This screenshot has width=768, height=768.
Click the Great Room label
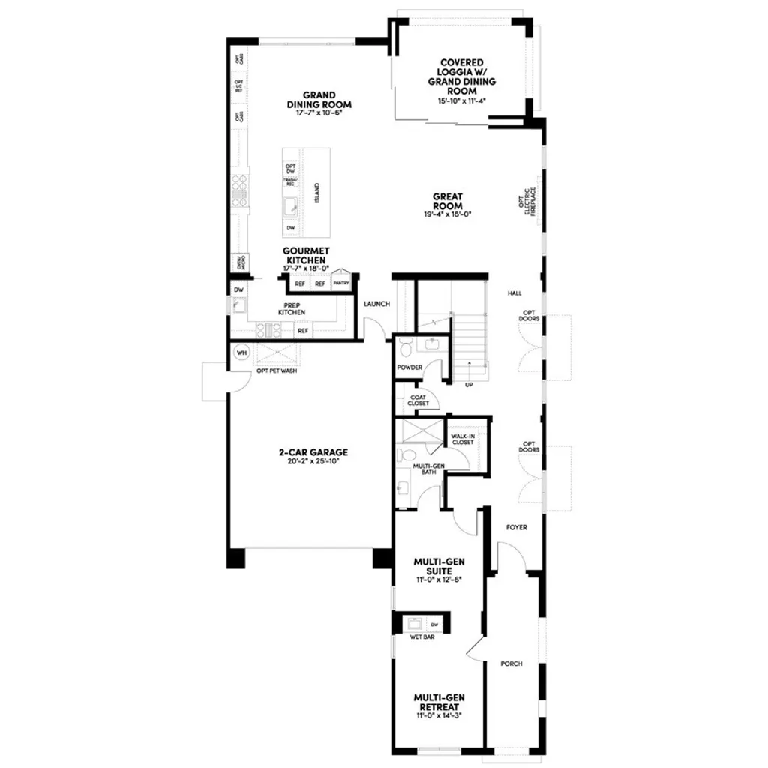click(447, 201)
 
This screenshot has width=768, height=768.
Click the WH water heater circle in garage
click(242, 352)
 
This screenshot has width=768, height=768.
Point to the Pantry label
click(341, 283)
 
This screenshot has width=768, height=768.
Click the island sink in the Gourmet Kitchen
click(291, 205)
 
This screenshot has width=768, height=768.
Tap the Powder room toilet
click(405, 347)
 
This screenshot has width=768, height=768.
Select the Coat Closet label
click(418, 400)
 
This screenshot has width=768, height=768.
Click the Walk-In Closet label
click(463, 439)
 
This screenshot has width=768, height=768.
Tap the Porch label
click(511, 664)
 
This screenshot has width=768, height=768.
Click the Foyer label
click(516, 527)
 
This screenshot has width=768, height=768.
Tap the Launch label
click(376, 304)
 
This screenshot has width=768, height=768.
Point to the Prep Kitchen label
click(292, 309)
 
